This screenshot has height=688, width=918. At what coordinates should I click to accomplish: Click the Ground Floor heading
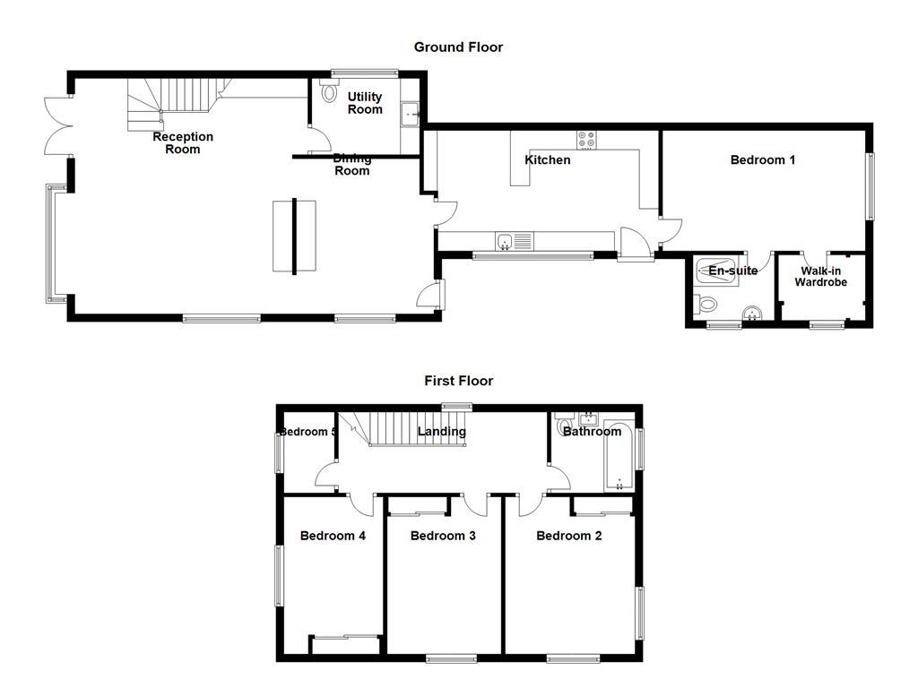pos(458,47)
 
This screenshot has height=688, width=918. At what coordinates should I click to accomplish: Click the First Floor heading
pos(458,381)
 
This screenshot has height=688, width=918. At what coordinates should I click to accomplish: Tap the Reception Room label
pos(183,143)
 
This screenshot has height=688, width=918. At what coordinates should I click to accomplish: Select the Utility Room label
pos(365,103)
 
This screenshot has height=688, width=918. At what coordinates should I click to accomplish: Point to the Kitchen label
pos(547,160)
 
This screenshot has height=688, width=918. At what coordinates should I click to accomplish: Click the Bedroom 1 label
pos(763,160)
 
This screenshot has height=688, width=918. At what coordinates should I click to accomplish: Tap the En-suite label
pos(732,271)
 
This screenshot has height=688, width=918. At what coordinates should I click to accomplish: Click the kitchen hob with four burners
pos(587,140)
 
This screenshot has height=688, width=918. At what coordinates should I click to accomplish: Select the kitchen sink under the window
pos(506,241)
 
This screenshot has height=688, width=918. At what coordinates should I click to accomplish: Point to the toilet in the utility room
pos(327,91)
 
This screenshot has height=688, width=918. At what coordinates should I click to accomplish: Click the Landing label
pos(442,432)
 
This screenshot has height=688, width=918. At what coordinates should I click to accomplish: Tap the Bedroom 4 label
pos(333,536)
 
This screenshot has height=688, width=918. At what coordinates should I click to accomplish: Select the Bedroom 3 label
pos(443,536)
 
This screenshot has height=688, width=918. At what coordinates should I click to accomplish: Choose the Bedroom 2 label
pos(569,536)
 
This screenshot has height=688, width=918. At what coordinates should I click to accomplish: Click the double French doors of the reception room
pos(56,127)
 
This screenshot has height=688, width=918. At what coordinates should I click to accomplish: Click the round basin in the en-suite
pos(752,313)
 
